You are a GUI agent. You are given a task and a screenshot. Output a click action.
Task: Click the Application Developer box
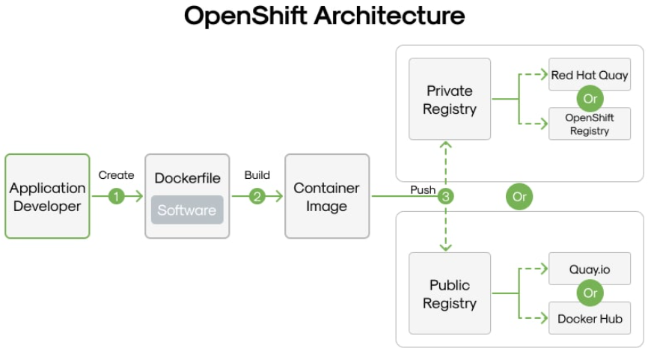pyautogui.click(x=47, y=196)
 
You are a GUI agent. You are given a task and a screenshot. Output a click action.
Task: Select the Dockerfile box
pyautogui.click(x=187, y=196)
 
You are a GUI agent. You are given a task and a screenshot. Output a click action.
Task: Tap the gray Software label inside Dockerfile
pyautogui.click(x=187, y=210)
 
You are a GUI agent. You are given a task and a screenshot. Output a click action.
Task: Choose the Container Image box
pyautogui.click(x=326, y=196)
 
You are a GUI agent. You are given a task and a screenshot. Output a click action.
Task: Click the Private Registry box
pyautogui.click(x=449, y=99)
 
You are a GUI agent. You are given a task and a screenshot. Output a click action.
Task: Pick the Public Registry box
pyautogui.click(x=449, y=293)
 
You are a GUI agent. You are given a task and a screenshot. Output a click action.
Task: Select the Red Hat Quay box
pyautogui.click(x=590, y=75)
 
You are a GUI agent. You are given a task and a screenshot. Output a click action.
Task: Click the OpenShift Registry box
pyautogui.click(x=590, y=124)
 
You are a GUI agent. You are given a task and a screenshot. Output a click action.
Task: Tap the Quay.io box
pyautogui.click(x=590, y=269)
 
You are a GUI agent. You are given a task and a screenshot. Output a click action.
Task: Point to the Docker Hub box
pyautogui.click(x=590, y=319)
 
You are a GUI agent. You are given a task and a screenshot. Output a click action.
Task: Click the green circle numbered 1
pyautogui.click(x=116, y=197)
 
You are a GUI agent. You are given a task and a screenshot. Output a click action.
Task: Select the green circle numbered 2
pyautogui.click(x=257, y=197)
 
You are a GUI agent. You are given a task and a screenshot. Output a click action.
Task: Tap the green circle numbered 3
pyautogui.click(x=446, y=197)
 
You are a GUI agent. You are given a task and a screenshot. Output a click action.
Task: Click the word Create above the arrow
pyautogui.click(x=116, y=175)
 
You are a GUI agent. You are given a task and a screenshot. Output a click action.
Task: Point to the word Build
pyautogui.click(x=257, y=175)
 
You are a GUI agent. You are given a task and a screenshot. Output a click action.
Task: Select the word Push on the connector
pyautogui.click(x=423, y=190)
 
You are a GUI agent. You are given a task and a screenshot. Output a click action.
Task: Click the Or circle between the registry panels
pyautogui.click(x=519, y=197)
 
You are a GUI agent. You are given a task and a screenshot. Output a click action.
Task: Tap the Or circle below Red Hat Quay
pyautogui.click(x=590, y=99)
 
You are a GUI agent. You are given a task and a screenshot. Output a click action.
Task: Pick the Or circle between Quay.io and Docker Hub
pyautogui.click(x=590, y=293)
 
